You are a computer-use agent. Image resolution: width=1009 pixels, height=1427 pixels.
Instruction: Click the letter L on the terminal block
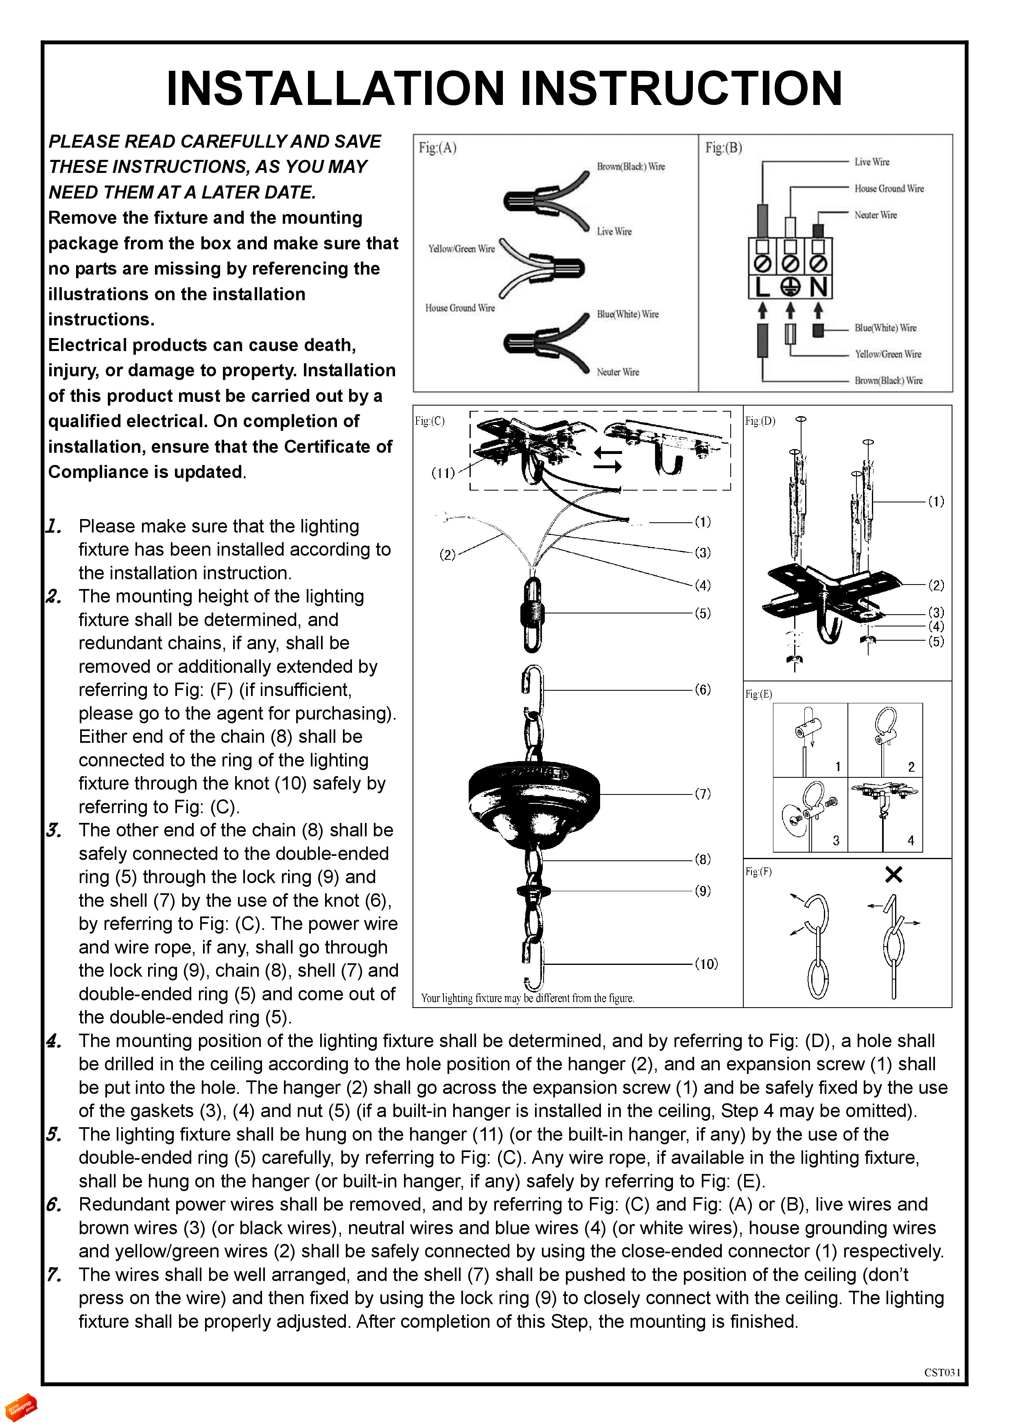point(762,287)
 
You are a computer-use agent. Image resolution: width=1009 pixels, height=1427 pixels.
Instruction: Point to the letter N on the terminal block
point(819,287)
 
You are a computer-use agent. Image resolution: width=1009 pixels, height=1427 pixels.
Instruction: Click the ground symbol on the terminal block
point(790,287)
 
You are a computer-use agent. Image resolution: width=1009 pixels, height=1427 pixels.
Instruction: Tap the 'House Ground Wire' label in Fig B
point(889,188)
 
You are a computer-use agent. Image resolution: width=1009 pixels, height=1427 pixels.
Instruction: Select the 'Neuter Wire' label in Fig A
point(617,372)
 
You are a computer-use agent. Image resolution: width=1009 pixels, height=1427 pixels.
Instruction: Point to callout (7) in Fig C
point(703,794)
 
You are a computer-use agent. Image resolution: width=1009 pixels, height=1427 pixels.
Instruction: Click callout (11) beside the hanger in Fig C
point(443,473)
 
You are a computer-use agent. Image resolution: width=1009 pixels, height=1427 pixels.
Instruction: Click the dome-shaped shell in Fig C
point(533,798)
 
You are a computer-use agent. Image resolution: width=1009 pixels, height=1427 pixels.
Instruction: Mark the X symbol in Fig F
point(893,875)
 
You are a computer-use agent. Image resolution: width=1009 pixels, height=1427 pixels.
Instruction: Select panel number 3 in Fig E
point(836,840)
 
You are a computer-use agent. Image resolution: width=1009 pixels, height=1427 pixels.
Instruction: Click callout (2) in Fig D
point(936,585)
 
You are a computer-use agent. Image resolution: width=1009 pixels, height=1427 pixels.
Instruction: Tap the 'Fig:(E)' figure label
point(758,694)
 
